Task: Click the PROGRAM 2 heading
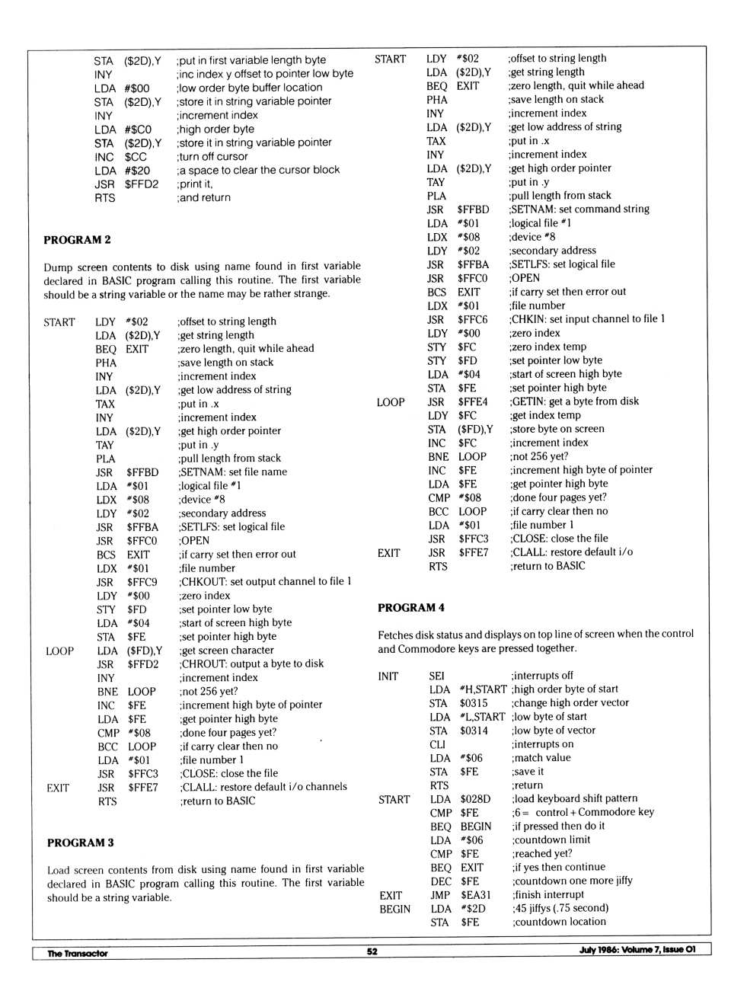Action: (x=77, y=240)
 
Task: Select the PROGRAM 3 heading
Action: (x=80, y=843)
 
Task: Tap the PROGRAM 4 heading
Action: (x=411, y=608)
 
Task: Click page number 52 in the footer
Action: (x=372, y=951)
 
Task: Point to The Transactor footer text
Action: (x=78, y=953)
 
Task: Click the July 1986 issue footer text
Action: (x=637, y=949)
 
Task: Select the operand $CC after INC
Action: (x=136, y=157)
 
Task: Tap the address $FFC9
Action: (x=142, y=582)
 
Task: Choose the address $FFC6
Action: (x=473, y=320)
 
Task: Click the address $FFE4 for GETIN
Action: (x=473, y=402)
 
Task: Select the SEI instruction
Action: (x=437, y=676)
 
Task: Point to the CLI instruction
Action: (x=437, y=744)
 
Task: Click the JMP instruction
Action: (x=440, y=895)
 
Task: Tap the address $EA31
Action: (x=476, y=895)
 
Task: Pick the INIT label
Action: (x=388, y=676)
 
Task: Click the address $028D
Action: (x=475, y=799)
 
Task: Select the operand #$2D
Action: (x=473, y=909)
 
